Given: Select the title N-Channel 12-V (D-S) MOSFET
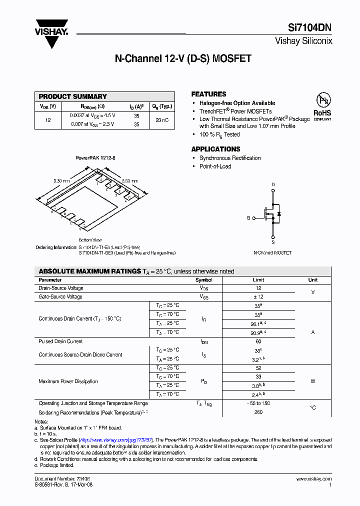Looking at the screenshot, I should click(x=183, y=58).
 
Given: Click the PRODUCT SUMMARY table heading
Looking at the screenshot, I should click(x=73, y=96).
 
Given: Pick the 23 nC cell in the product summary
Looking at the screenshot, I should click(x=161, y=120).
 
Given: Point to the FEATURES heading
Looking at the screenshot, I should click(x=208, y=94).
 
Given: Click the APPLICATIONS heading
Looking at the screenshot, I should click(x=215, y=149).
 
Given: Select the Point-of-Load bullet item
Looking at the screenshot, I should click(x=215, y=166).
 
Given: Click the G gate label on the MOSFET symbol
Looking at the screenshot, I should click(x=248, y=218).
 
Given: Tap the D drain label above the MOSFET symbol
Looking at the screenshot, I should click(x=273, y=184).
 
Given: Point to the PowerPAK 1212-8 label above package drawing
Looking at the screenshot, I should click(x=95, y=157).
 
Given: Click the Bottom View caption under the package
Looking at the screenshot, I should click(x=90, y=240).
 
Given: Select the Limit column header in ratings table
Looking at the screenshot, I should click(x=258, y=280).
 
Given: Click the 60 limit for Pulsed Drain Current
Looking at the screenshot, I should click(x=258, y=341).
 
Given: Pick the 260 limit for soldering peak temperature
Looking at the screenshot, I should click(x=258, y=412).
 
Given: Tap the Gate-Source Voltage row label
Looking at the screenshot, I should click(x=60, y=297).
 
